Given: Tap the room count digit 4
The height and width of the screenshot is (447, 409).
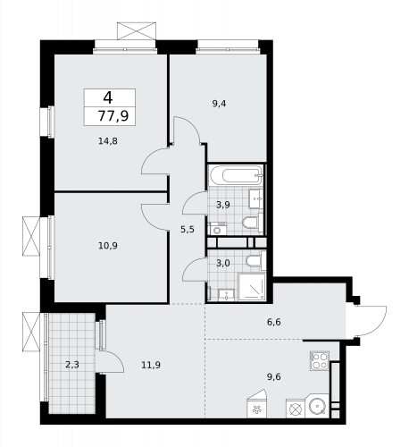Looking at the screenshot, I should click(107, 97).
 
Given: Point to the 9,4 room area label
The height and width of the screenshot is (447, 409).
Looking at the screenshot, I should click(219, 104).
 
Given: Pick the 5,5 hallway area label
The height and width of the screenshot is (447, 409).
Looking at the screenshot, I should click(187, 230).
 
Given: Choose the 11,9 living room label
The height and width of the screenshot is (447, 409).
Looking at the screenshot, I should click(151, 364).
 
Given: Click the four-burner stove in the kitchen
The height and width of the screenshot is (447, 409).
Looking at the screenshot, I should click(320, 361).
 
